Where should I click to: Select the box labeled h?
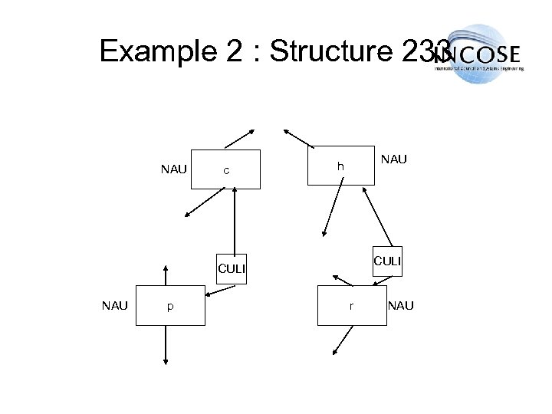click(340, 166)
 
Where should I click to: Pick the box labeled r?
click(350, 305)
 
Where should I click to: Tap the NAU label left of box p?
click(116, 305)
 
